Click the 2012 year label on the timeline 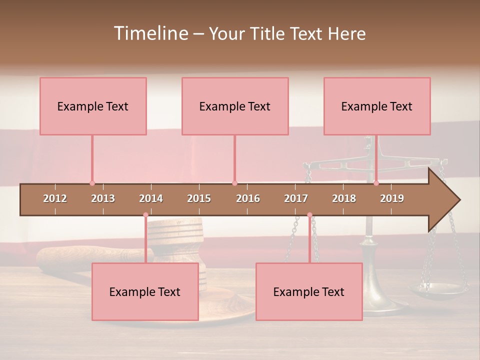click(55, 198)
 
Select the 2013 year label click(103, 198)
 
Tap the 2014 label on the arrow click(151, 198)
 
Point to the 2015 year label click(199, 198)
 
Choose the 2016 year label click(248, 198)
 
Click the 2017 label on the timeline click(296, 198)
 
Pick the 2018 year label click(344, 198)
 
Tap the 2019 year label click(392, 198)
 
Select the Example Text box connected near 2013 click(93, 106)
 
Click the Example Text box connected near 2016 click(235, 106)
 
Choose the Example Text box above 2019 click(377, 106)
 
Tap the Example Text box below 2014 click(145, 291)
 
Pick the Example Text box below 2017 click(309, 291)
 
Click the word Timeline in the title click(150, 33)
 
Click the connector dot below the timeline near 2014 click(145, 215)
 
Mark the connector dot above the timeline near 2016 click(234, 183)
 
